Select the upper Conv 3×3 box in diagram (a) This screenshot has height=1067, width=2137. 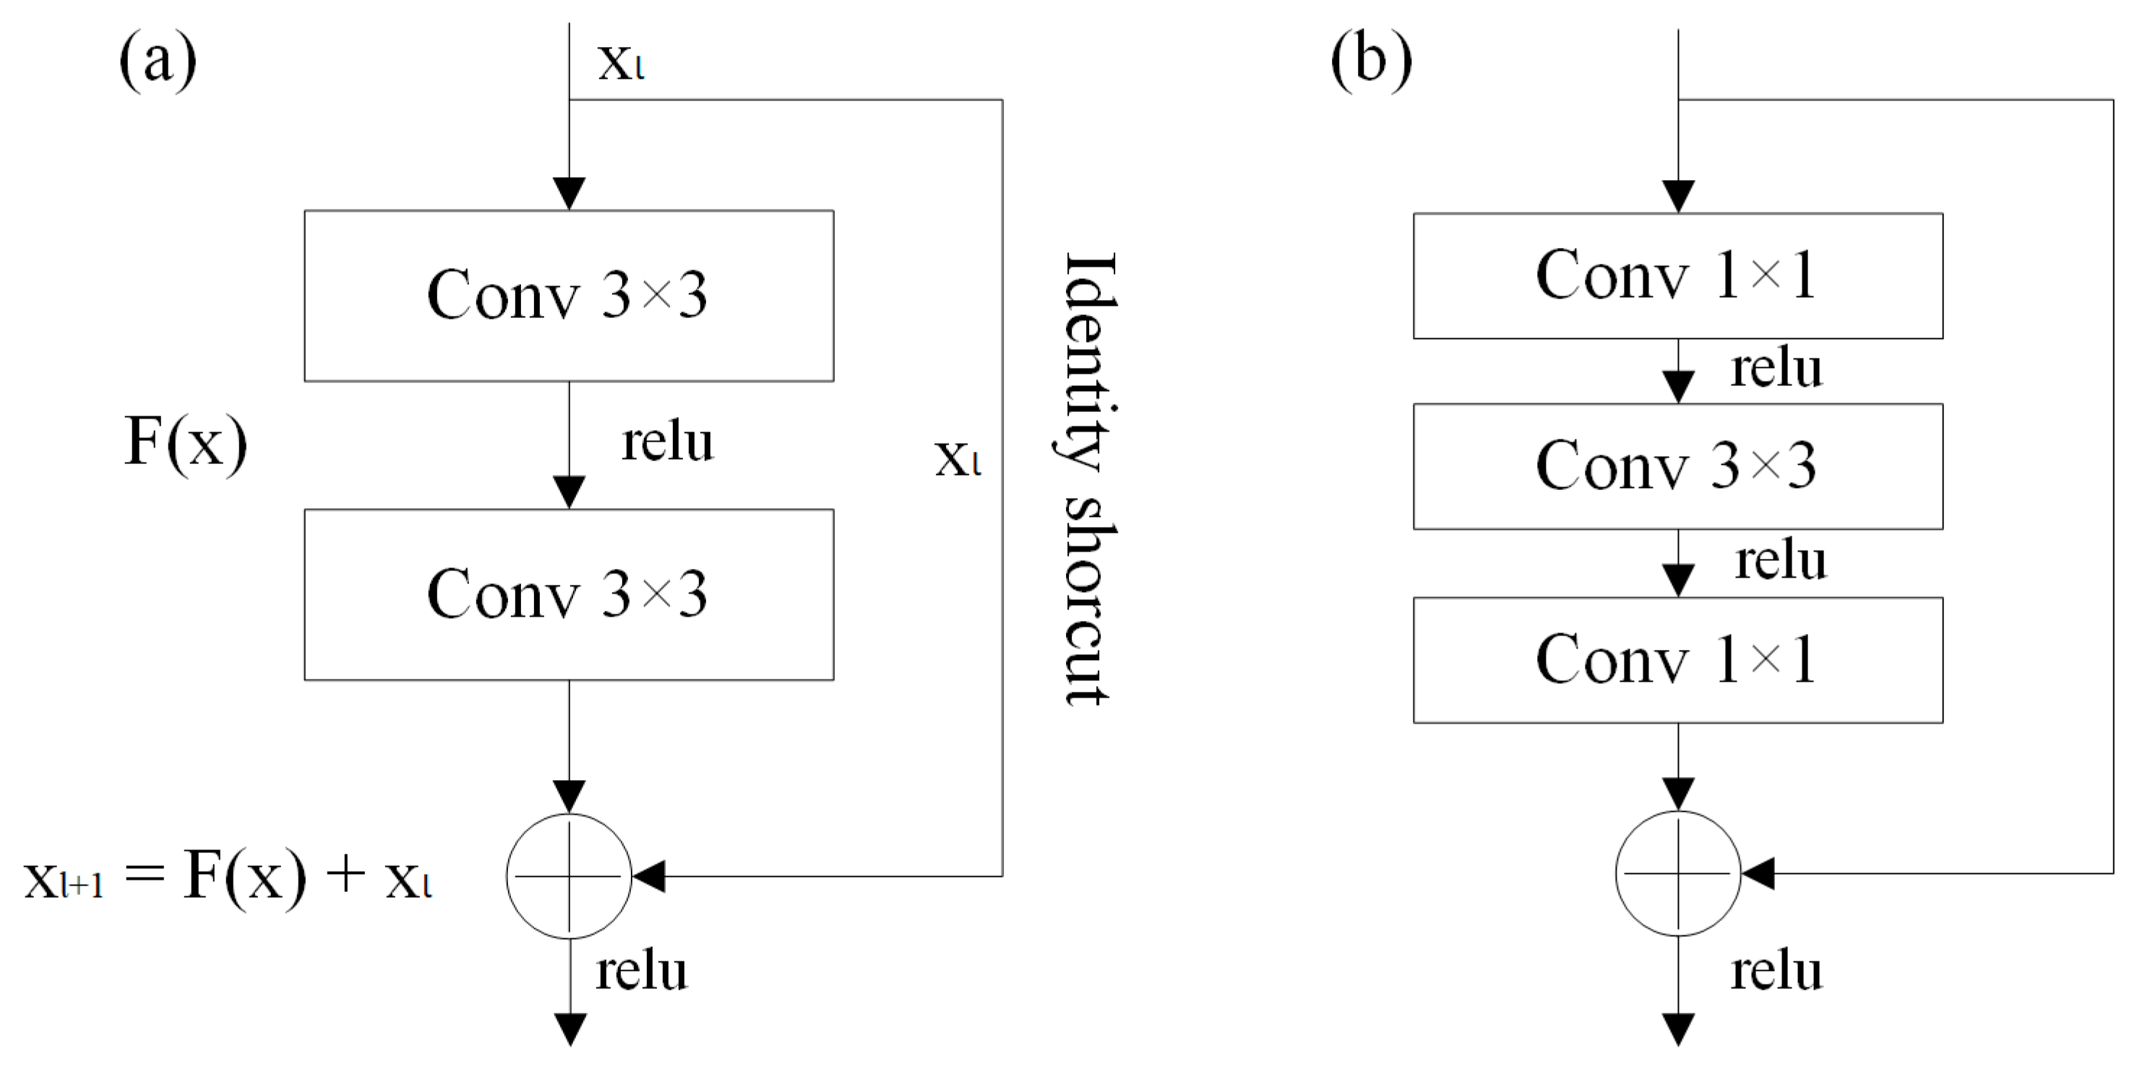tap(568, 296)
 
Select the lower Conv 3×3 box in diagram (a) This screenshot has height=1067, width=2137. tap(568, 594)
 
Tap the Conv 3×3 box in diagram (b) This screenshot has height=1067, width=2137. tap(1677, 466)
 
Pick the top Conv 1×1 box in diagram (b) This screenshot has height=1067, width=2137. tap(1677, 275)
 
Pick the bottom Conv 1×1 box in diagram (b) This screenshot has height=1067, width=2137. tap(1677, 659)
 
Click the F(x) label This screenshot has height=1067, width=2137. tap(185, 442)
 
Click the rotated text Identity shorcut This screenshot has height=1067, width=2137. tap(1088, 479)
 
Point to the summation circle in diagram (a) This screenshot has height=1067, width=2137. tap(569, 875)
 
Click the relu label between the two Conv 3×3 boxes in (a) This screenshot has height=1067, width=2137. tap(667, 442)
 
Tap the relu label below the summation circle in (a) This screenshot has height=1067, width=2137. tap(641, 971)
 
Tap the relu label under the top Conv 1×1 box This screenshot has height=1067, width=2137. tap(1776, 369)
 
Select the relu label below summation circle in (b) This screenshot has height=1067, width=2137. tap(1776, 971)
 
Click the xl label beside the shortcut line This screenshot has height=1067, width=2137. tap(958, 458)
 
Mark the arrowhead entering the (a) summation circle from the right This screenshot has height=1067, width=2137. tap(649, 875)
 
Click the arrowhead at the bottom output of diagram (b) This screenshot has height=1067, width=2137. tap(1678, 1029)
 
